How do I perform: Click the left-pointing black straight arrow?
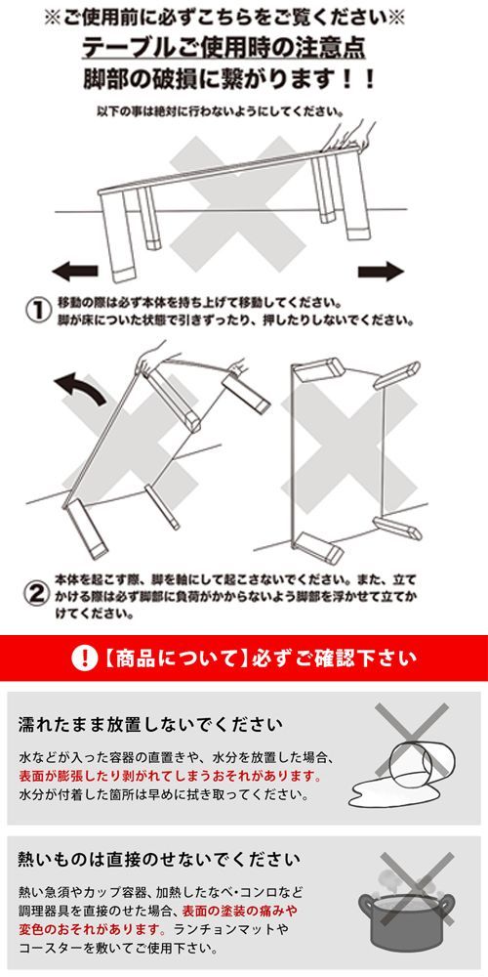[75, 272]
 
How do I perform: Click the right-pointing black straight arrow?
[381, 271]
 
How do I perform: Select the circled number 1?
[38, 311]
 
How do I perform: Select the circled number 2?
[37, 593]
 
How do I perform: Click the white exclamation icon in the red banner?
[84, 658]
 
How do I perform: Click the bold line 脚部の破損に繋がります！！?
[229, 79]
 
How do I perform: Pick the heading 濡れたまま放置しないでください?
[150, 725]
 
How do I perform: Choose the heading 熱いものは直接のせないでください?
[159, 861]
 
